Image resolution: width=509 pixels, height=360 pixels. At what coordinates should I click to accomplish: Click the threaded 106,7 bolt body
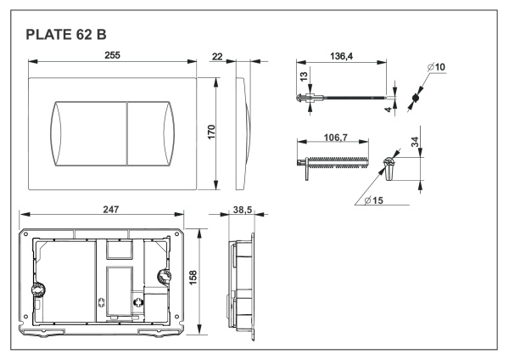339,160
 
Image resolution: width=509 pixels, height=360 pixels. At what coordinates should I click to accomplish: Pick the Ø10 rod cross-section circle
416,98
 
